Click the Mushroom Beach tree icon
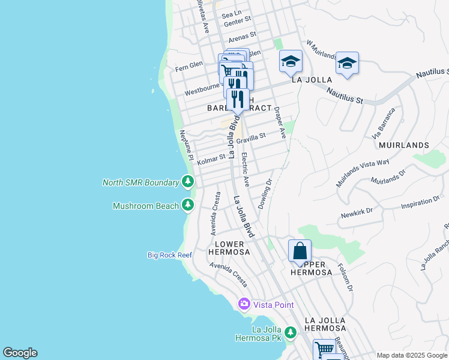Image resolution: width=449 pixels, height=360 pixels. [188, 206]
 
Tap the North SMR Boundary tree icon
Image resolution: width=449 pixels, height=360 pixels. [188, 182]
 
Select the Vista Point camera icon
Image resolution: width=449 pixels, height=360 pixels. [244, 304]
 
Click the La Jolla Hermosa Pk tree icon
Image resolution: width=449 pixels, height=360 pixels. [291, 332]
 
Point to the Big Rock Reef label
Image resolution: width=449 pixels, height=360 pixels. [170, 255]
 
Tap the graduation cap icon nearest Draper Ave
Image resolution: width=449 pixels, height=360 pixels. [291, 61]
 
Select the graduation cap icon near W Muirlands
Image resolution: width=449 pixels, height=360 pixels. [347, 63]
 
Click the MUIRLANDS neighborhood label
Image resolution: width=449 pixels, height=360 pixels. [404, 145]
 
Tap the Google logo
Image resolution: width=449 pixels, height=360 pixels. [20, 353]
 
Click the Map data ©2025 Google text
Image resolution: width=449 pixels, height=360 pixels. [412, 355]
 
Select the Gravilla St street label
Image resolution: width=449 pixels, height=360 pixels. [251, 139]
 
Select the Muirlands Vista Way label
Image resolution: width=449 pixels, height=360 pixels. [363, 173]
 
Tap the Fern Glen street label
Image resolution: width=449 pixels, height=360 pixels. [188, 65]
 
